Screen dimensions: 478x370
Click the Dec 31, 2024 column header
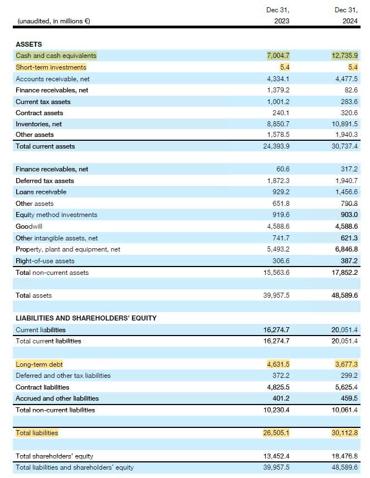[345, 16]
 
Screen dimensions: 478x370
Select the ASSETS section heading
[28, 44]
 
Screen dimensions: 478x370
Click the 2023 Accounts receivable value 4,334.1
[279, 79]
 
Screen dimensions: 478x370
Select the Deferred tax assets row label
[45, 181]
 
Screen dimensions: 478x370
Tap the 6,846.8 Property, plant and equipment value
[345, 249]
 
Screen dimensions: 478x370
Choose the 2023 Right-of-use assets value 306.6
[280, 261]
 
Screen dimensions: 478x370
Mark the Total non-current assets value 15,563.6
[277, 273]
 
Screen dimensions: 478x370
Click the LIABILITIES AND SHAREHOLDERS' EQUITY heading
[86, 318]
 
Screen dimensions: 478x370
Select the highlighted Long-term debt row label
[39, 364]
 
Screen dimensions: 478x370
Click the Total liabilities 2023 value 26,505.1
[277, 432]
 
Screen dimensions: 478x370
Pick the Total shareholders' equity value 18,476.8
[345, 456]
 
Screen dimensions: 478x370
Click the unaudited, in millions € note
[54, 21]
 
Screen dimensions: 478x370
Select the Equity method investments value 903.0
[348, 215]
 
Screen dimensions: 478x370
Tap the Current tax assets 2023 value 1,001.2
[279, 102]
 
